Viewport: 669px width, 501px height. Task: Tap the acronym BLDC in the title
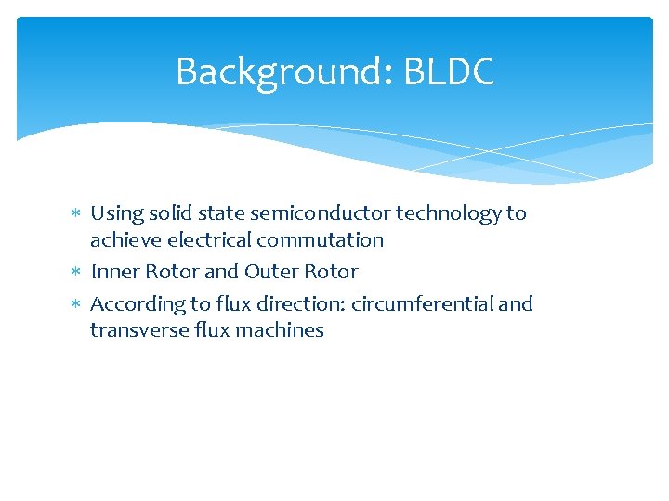pos(449,72)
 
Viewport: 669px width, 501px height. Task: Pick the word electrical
pos(213,240)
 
